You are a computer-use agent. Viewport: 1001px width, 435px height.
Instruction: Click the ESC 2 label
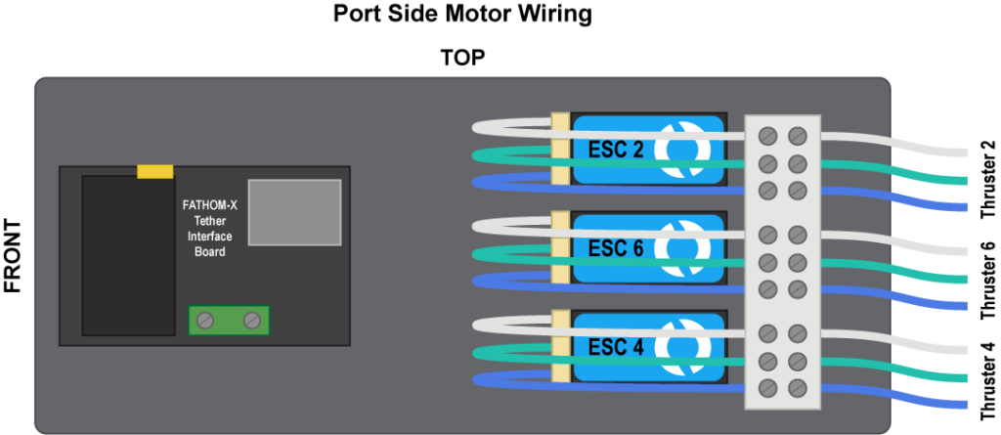coord(616,150)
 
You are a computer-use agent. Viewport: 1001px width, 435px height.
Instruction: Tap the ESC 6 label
coord(616,248)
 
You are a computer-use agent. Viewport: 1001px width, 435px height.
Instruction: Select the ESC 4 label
coord(616,347)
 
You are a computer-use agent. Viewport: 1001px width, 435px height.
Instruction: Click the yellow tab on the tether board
coord(155,172)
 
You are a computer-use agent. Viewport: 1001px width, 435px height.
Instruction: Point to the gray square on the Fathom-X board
coord(294,212)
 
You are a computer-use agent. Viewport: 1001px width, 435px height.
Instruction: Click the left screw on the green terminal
coord(205,320)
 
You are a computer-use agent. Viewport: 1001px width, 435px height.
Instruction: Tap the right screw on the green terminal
coord(251,320)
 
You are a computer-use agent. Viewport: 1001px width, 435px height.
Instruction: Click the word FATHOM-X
coord(209,205)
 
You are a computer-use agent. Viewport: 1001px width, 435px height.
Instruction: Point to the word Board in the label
coord(209,252)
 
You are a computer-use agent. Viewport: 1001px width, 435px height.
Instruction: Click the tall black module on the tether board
coord(114,255)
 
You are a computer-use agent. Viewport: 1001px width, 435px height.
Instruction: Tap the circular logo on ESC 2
coord(682,149)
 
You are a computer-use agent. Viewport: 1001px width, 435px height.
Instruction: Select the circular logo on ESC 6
coord(682,248)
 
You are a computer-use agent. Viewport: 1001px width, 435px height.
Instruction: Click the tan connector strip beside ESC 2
coord(560,149)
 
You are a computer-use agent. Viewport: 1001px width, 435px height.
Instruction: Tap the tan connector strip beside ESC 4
coord(560,347)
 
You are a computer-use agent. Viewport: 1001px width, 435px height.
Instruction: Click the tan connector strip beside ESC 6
coord(560,248)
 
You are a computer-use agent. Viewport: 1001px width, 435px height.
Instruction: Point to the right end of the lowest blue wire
coord(962,405)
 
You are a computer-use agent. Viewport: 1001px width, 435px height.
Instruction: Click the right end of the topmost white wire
coord(962,152)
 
